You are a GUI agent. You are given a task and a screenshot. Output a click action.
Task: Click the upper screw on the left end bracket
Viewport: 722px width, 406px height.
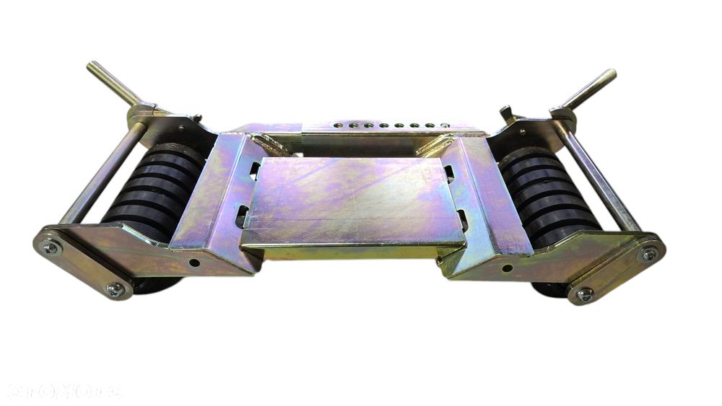point(51,248)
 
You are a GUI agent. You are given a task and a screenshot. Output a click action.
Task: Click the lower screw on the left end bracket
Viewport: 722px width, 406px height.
point(115,289)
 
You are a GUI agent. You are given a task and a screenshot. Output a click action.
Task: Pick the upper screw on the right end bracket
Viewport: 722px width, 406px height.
point(648,254)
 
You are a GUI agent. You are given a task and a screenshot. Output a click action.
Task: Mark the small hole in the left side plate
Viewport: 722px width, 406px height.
point(194,263)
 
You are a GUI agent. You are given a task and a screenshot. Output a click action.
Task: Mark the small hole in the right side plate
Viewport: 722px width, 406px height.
point(508,268)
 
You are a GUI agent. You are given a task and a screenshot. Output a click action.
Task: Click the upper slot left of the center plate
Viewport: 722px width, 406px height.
point(254,171)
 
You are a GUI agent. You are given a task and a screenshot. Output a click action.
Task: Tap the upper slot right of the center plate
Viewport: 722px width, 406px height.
point(449,173)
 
